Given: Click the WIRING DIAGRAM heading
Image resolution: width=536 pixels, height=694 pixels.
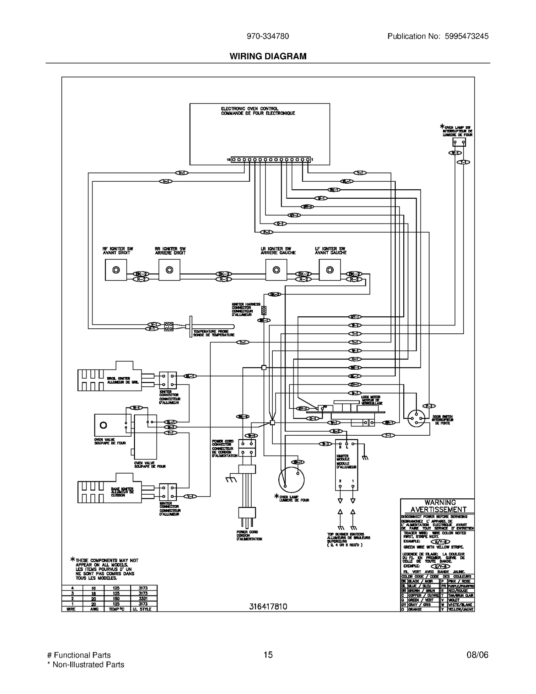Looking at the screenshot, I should tap(268, 56).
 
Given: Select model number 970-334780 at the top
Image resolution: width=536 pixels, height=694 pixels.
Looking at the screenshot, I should tap(268, 36).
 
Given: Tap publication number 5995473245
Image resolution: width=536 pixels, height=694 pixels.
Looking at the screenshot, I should tap(467, 36).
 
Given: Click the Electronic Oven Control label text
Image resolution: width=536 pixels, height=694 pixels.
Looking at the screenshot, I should tap(258, 111).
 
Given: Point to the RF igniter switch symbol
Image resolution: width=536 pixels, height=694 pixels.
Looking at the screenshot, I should tap(116, 270).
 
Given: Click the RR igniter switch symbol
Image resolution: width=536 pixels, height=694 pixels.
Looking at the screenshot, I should tap(170, 270).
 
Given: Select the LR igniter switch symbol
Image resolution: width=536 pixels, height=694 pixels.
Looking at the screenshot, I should tap(276, 270).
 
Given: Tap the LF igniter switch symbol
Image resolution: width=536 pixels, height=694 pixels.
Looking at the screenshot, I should tap(330, 270).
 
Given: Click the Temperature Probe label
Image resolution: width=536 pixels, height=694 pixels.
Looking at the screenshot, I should tap(214, 333).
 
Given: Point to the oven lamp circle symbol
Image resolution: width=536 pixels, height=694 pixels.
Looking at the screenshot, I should tap(291, 480).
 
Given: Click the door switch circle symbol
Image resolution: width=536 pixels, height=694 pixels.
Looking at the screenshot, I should tap(416, 418).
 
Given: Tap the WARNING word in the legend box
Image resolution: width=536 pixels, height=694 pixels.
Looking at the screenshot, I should tap(440, 502).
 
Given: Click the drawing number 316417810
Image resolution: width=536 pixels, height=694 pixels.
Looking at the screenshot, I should tap(268, 607).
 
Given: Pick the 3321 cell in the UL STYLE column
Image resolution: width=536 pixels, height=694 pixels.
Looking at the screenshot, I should tap(143, 598).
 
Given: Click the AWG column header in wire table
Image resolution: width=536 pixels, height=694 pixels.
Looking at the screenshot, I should tap(94, 609).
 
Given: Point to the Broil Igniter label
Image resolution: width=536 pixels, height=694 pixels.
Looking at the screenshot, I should tap(123, 380).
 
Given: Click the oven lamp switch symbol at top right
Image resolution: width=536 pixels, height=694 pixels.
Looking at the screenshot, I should tap(459, 142).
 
